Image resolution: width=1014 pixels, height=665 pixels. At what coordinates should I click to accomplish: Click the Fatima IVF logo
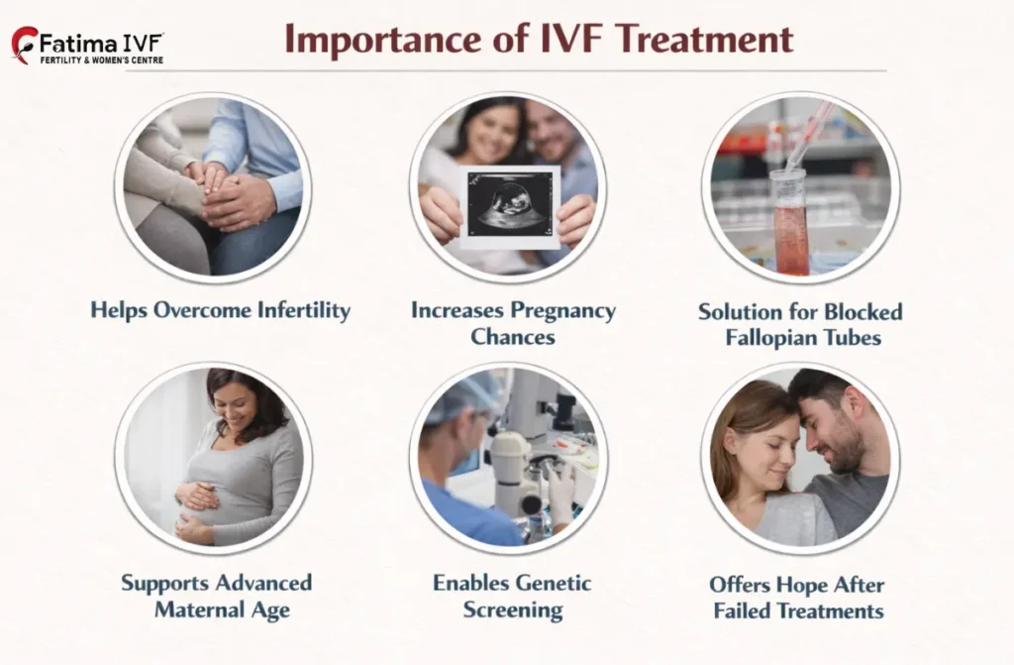(87, 46)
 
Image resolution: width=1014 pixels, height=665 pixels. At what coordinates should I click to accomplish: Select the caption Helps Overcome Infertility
(220, 310)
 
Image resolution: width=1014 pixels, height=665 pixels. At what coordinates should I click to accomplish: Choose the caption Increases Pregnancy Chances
(513, 323)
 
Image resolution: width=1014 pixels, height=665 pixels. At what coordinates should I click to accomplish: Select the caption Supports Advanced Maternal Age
(216, 595)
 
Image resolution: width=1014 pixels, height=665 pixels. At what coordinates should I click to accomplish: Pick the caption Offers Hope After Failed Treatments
(798, 597)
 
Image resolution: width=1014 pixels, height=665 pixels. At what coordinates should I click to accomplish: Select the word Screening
(514, 609)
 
